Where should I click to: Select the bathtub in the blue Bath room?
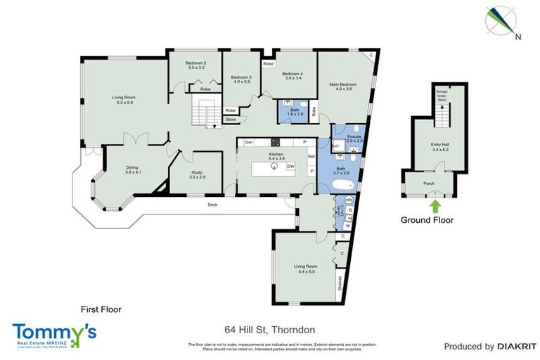(x=342, y=184)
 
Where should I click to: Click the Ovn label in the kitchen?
(x=248, y=143)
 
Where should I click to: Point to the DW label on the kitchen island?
(x=290, y=166)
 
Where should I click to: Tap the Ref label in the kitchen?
(x=311, y=156)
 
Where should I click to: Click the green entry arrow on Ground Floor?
(x=435, y=205)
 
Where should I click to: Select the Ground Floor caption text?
(x=427, y=220)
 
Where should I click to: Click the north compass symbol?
(x=501, y=20)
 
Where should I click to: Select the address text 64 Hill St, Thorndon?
(x=269, y=329)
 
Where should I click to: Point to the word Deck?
(x=212, y=205)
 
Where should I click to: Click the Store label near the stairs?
(x=230, y=120)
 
